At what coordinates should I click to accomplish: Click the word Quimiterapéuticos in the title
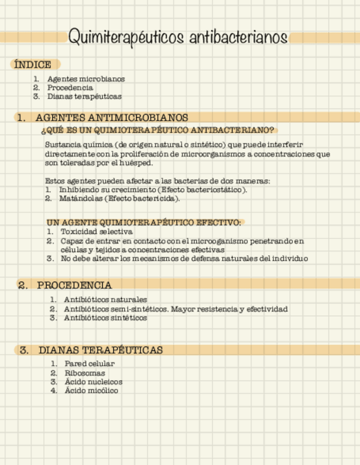pos(126,37)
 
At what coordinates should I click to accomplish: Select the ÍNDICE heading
pos(33,65)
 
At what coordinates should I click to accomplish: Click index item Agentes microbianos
pos(86,79)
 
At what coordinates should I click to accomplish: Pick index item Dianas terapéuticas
pos(84,97)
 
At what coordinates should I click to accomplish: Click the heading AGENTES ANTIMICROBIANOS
pos(112,118)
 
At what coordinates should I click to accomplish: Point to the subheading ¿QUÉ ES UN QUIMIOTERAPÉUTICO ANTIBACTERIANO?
pos(157,131)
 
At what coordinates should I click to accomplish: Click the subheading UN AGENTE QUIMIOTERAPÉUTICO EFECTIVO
pos(144,223)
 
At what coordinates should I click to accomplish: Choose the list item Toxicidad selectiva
pos(97,232)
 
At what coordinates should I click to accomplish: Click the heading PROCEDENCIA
pos(75,285)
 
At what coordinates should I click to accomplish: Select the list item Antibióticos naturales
pos(105,300)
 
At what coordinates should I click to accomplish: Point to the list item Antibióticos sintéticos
pos(105,317)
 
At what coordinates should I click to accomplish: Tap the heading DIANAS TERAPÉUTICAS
pos(100,350)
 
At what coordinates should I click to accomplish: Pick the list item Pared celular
pos(89,364)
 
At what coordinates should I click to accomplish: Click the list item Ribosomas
pos(85,373)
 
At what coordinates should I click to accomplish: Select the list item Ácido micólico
pos(91,390)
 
